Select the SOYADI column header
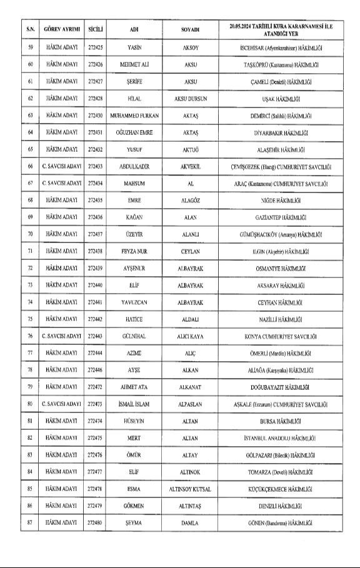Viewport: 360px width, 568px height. (190, 29)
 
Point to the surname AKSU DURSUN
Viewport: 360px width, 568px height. (190, 99)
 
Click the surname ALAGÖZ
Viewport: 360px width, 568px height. (190, 201)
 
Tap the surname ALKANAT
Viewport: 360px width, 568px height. (190, 387)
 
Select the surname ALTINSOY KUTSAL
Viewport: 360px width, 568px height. (190, 488)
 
